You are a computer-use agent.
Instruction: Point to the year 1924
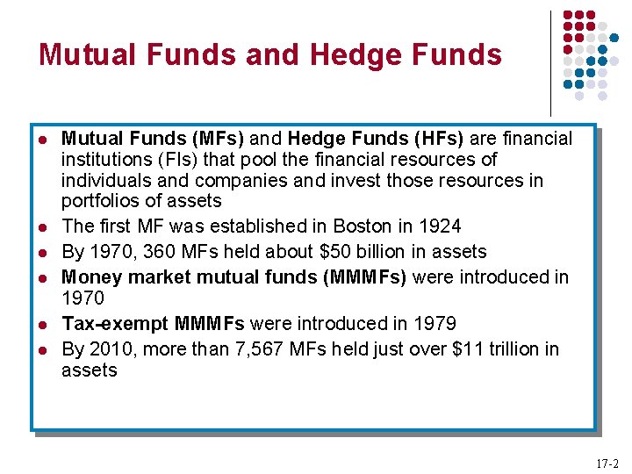[440, 226]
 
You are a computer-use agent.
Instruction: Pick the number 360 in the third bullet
[160, 252]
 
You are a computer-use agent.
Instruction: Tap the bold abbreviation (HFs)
[438, 139]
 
